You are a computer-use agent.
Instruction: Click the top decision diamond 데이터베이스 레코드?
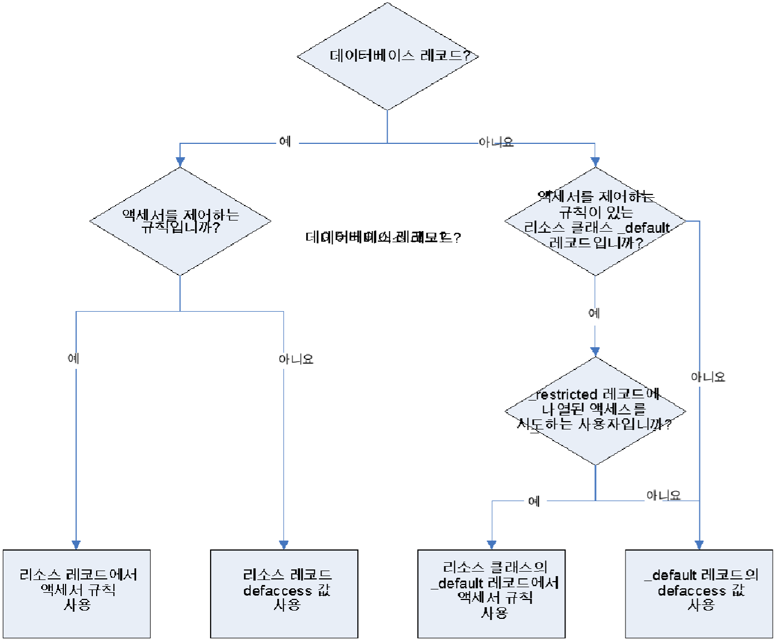pos(387,56)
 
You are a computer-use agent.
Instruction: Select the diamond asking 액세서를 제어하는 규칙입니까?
pos(180,221)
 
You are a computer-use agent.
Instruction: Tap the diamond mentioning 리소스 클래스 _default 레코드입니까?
pos(595,221)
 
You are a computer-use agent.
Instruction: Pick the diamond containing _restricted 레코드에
pos(595,411)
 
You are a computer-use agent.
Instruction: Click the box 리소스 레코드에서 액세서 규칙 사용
pos(77,593)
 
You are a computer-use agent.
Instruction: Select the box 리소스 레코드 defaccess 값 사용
pos(284,593)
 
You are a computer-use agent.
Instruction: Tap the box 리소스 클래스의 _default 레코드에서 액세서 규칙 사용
pos(491,593)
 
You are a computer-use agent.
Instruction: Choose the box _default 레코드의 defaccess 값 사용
pos(699,593)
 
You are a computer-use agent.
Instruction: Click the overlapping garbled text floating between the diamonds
pos(383,238)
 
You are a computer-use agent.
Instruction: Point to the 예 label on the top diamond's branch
pos(285,142)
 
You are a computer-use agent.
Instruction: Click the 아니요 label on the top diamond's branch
pos(496,142)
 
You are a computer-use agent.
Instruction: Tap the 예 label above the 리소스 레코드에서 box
pos(73,358)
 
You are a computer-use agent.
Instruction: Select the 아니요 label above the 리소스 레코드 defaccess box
pos(296,359)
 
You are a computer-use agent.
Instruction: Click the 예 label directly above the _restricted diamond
pos(594,313)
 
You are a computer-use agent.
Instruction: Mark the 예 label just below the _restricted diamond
pos(534,501)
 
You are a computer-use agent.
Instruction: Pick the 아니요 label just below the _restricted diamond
pos(663,495)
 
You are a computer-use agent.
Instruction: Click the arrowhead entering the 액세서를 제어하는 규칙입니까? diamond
pos(180,162)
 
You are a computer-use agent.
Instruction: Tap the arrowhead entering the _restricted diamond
pos(595,351)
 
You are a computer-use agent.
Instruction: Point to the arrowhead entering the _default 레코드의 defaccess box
pos(699,545)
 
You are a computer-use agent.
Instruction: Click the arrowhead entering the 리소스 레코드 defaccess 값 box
pos(284,545)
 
